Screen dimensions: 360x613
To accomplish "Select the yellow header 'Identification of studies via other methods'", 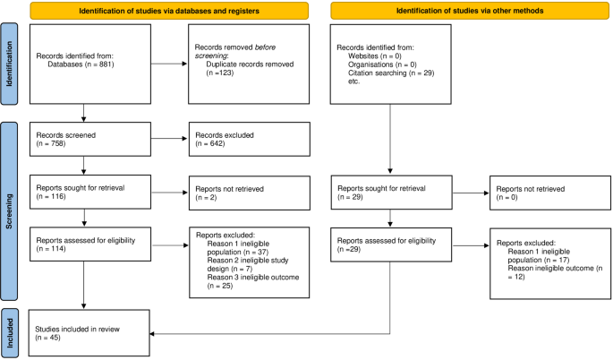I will pos(457,11).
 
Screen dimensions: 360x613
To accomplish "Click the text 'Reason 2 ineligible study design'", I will pos(241,262).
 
